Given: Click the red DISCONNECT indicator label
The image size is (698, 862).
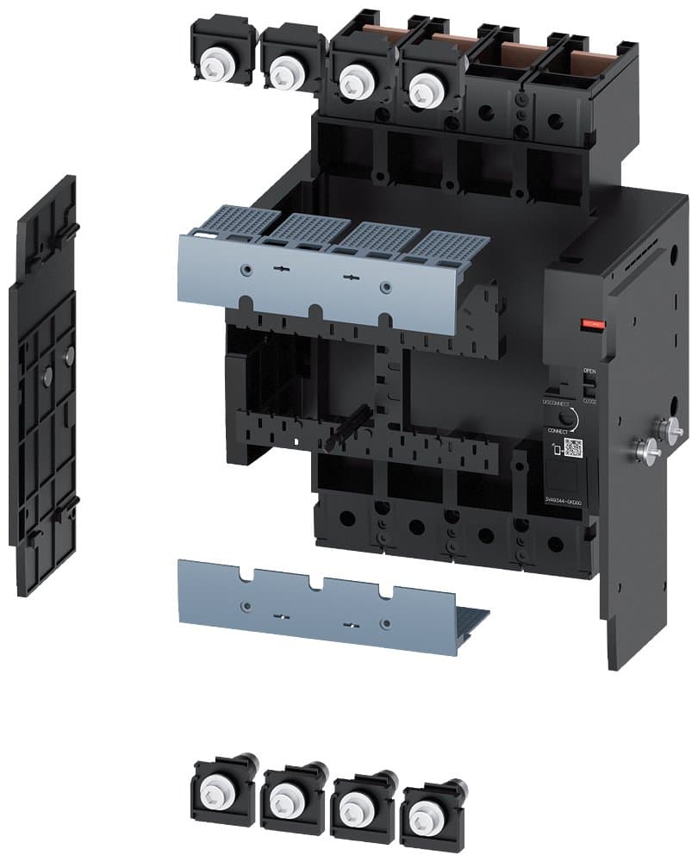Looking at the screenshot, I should [595, 324].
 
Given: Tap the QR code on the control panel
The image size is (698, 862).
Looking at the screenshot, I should [573, 447].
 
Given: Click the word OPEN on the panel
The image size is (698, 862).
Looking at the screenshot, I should [589, 371].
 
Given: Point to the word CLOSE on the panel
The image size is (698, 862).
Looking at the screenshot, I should [589, 401].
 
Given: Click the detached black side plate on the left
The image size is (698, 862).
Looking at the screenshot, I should [43, 388].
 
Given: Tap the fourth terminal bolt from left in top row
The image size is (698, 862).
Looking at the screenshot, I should [423, 85].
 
